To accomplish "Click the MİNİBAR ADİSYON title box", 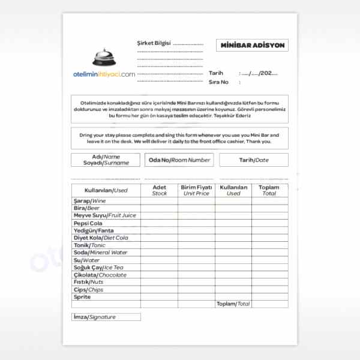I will click(252, 46).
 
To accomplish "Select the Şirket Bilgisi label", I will click(154, 43).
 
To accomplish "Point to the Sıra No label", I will click(219, 81).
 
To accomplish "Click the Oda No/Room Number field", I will click(179, 160).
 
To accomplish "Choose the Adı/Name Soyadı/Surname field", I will click(105, 160).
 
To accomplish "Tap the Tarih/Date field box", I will click(253, 160).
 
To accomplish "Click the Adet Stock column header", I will click(160, 190).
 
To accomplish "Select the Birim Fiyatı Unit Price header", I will click(196, 190).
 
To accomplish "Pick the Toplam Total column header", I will click(269, 190).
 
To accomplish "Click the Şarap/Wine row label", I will click(89, 200).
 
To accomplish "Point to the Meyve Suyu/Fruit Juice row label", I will click(104, 215).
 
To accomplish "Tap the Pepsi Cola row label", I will click(88, 223).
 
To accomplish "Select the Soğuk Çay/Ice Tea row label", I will click(98, 268).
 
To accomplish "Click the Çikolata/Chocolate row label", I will click(100, 275).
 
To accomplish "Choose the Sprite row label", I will click(82, 297).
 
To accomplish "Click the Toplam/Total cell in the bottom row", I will click(233, 304).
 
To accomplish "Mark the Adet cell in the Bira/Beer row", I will click(160, 208).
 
